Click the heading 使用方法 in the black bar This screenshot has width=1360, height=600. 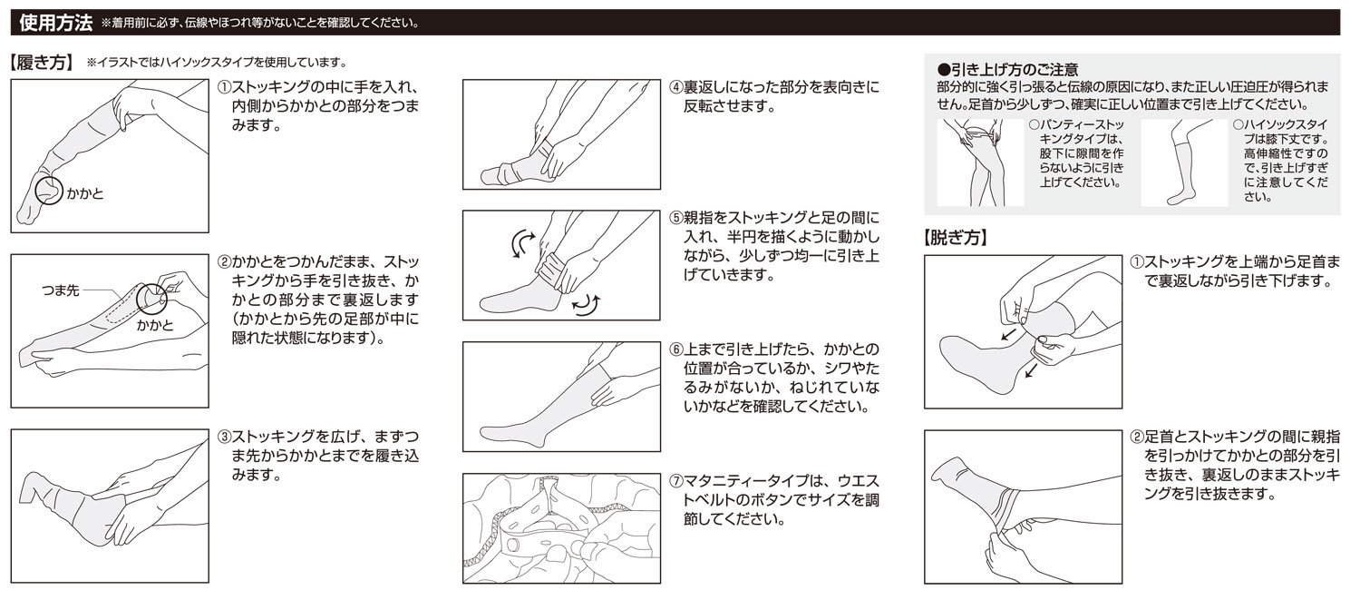pyautogui.click(x=55, y=22)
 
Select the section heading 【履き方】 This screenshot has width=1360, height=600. pyautogui.click(x=42, y=64)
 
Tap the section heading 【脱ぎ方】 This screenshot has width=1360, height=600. pyautogui.click(x=954, y=240)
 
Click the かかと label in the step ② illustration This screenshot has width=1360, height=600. pyautogui.click(x=155, y=324)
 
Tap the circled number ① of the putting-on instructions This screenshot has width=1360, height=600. pyautogui.click(x=225, y=87)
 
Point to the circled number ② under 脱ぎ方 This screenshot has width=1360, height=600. pyautogui.click(x=1138, y=437)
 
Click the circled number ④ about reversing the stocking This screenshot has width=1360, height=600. pyautogui.click(x=676, y=87)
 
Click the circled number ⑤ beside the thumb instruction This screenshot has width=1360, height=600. pyautogui.click(x=676, y=218)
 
